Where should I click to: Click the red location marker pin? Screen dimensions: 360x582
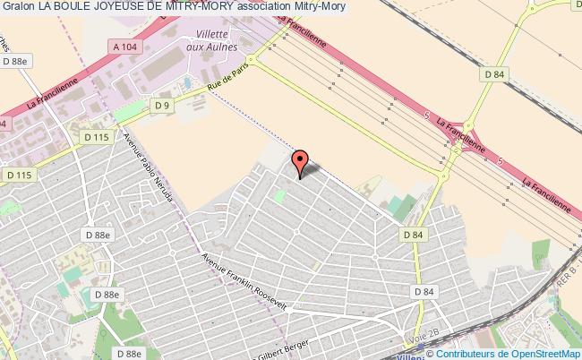301,162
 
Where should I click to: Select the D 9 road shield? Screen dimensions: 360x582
161,107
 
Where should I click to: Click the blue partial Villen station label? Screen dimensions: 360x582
409,354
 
